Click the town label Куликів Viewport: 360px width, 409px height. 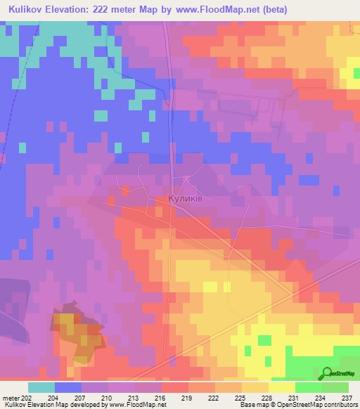(186, 199)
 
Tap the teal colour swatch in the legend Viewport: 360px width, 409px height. (41, 387)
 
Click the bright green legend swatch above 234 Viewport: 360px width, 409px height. (308, 387)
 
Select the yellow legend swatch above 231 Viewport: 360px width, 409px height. (281, 387)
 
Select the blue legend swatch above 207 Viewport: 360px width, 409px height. (68, 387)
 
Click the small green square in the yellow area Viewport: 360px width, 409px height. (264, 340)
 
